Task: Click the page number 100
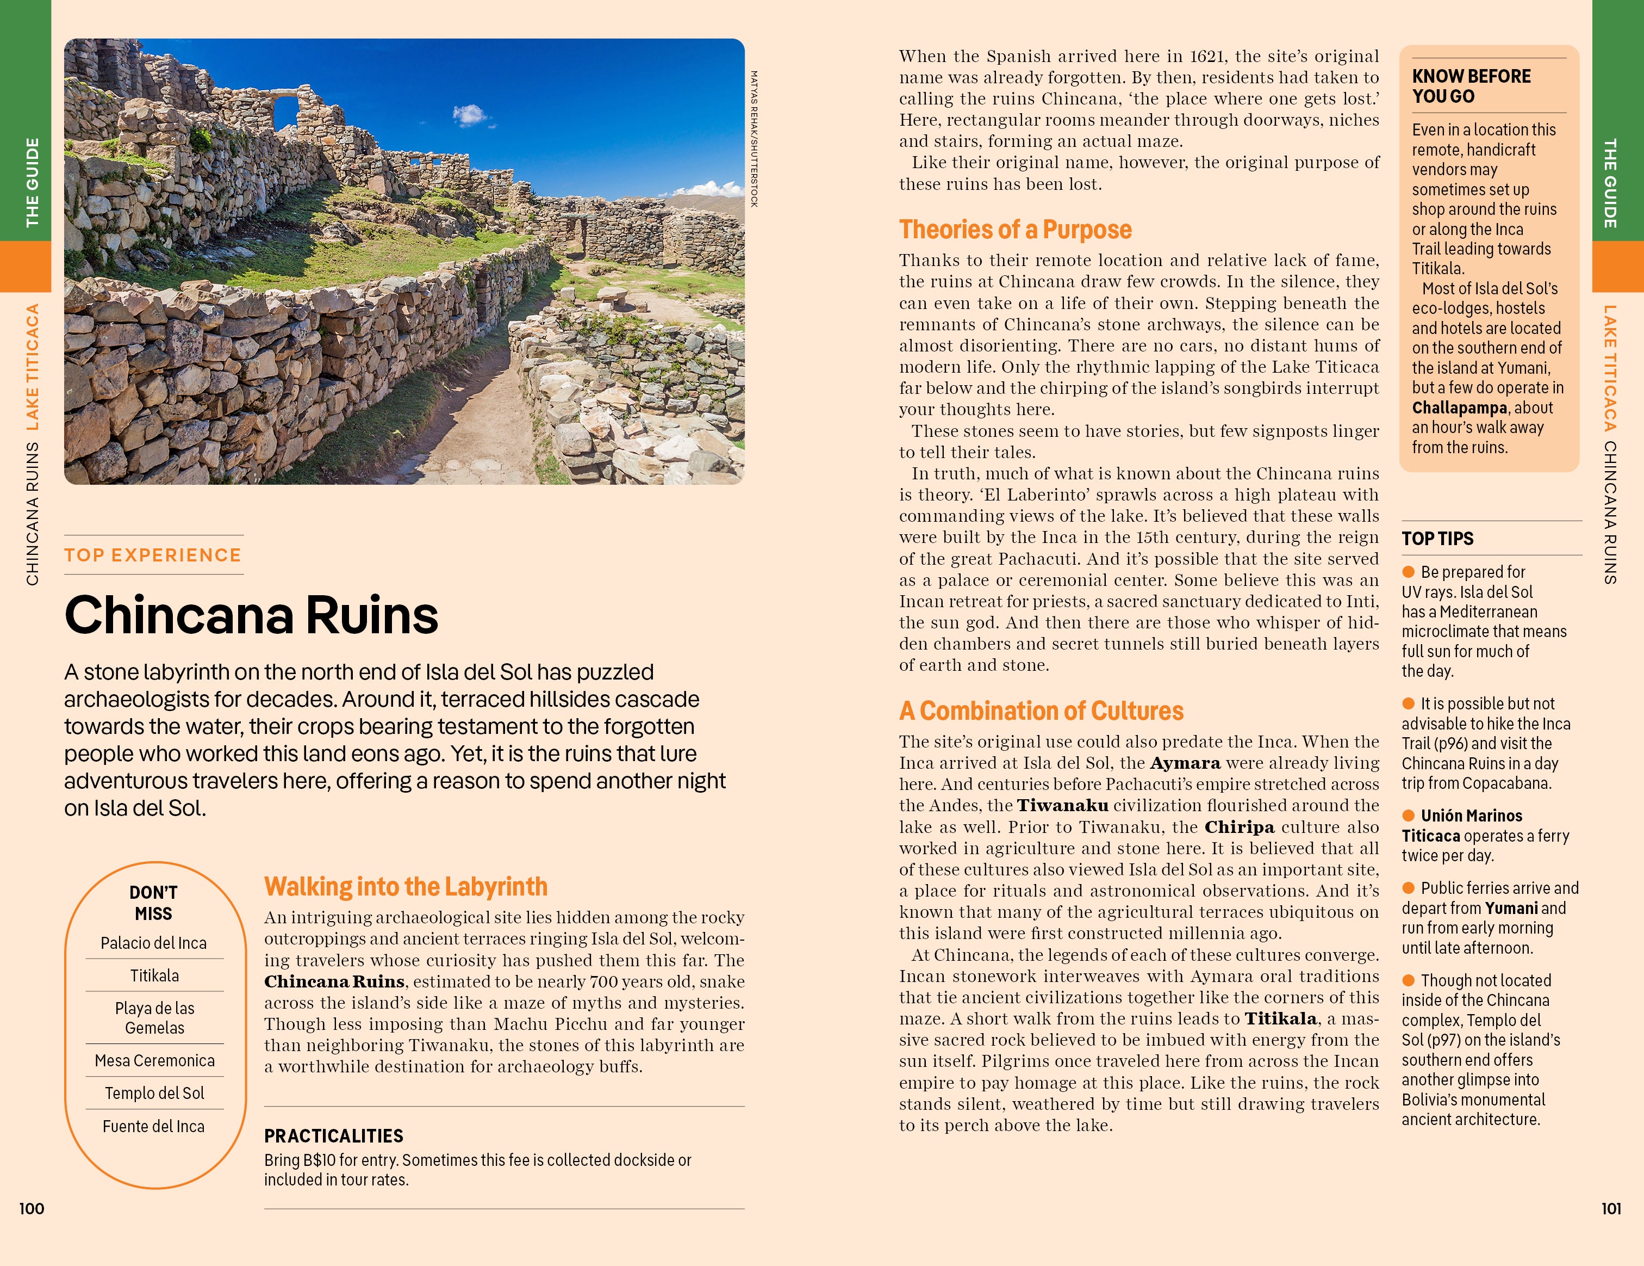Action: pyautogui.click(x=32, y=1209)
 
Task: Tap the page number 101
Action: pyautogui.click(x=1611, y=1209)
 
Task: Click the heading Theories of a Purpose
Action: pyautogui.click(x=1014, y=230)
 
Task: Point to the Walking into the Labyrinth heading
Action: pyautogui.click(x=406, y=886)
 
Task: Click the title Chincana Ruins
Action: pyautogui.click(x=251, y=615)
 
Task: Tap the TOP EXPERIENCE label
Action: pyautogui.click(x=153, y=555)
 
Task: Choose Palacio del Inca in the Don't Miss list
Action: pyautogui.click(x=153, y=943)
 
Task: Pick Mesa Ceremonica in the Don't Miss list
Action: pyautogui.click(x=154, y=1060)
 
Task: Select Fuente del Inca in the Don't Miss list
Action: pyautogui.click(x=153, y=1126)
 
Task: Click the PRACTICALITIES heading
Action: pyautogui.click(x=333, y=1136)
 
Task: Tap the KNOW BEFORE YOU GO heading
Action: pyautogui.click(x=1471, y=86)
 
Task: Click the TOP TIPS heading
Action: pyautogui.click(x=1437, y=539)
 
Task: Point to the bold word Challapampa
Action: pyautogui.click(x=1459, y=407)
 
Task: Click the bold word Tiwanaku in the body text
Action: pyautogui.click(x=1062, y=805)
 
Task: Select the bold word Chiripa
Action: pyautogui.click(x=1239, y=827)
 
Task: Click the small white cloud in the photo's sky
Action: pyautogui.click(x=470, y=114)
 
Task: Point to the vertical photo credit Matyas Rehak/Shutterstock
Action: pyautogui.click(x=754, y=139)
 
